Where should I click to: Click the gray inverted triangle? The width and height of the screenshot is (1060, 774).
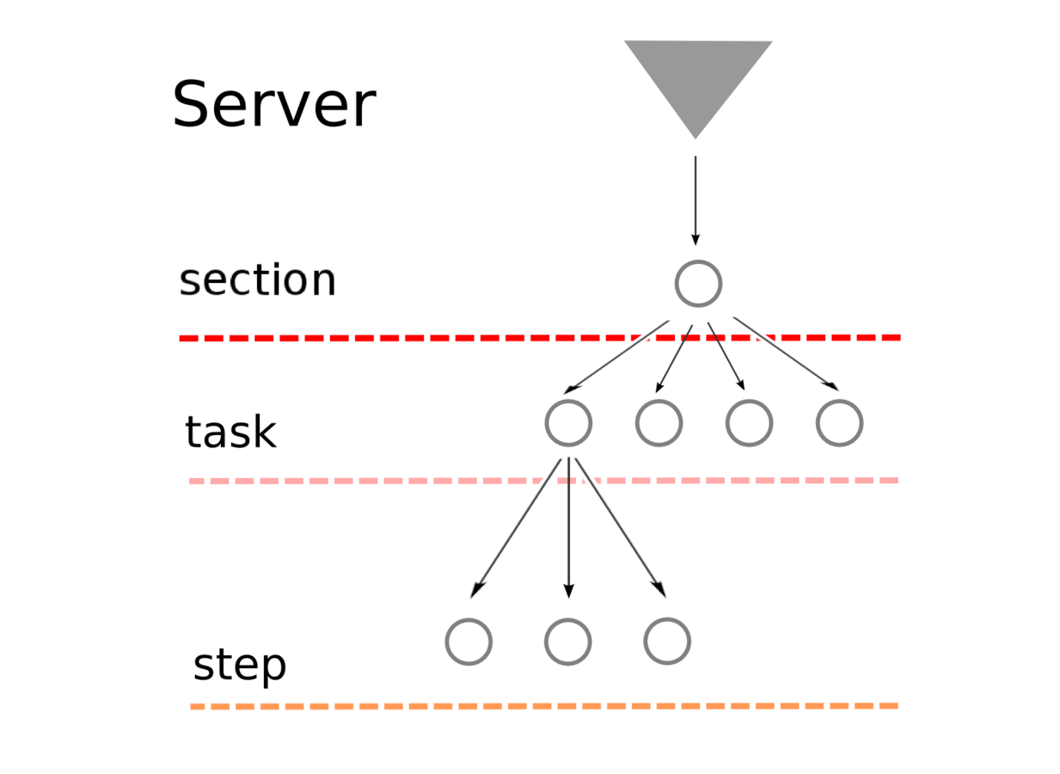coord(697,77)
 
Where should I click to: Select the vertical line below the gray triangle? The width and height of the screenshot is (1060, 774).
coord(695,193)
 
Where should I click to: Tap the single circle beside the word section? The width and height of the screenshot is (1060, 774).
coord(698,283)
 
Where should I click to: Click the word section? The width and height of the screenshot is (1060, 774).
coord(256,279)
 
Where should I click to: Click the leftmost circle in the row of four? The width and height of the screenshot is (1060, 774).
coord(568,423)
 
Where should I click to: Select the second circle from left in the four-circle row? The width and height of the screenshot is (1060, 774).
coord(659,423)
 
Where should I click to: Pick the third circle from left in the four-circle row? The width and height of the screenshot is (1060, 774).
coord(749,423)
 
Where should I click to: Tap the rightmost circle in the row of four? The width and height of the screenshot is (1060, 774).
coord(839,423)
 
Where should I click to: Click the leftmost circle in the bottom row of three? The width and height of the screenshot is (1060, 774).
coord(469,642)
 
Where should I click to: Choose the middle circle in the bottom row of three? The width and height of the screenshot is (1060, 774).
coord(567,642)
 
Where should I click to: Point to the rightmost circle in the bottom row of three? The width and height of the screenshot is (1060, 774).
coord(667,642)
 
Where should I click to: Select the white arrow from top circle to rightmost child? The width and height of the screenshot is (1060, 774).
coord(787,356)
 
